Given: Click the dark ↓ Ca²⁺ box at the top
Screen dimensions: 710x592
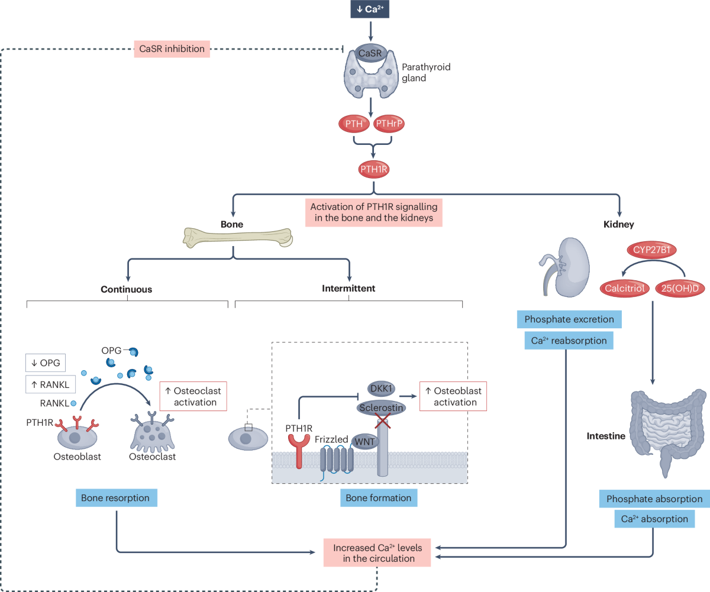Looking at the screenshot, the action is (x=370, y=9).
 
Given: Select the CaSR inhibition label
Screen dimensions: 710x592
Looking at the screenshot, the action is (x=172, y=49).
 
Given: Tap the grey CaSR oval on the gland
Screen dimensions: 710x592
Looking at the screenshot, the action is (x=370, y=53).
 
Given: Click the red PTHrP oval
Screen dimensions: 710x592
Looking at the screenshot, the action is (x=389, y=124).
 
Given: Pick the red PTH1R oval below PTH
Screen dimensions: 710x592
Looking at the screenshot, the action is (x=374, y=169).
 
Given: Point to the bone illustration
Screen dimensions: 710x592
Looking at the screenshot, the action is (x=238, y=238).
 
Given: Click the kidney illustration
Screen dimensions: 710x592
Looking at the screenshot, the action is (x=565, y=267).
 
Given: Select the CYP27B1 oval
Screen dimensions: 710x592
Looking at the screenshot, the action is (x=651, y=250).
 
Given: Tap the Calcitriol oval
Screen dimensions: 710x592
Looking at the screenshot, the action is (x=625, y=289).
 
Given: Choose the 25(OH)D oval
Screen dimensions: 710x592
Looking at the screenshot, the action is (x=680, y=289).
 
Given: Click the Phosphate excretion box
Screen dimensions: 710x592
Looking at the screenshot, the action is (x=569, y=319).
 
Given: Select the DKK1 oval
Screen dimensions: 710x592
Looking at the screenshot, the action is (x=381, y=389).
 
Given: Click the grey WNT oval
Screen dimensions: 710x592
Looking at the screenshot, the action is (x=365, y=441).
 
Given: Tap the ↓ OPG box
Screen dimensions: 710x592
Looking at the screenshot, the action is (x=46, y=363).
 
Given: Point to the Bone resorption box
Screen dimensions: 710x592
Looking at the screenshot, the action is (x=117, y=498).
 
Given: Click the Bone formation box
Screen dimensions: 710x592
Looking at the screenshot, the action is (x=379, y=498).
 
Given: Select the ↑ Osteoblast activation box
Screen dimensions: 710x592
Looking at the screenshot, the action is (x=453, y=396).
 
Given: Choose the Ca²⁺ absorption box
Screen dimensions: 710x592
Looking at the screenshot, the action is (x=654, y=519).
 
